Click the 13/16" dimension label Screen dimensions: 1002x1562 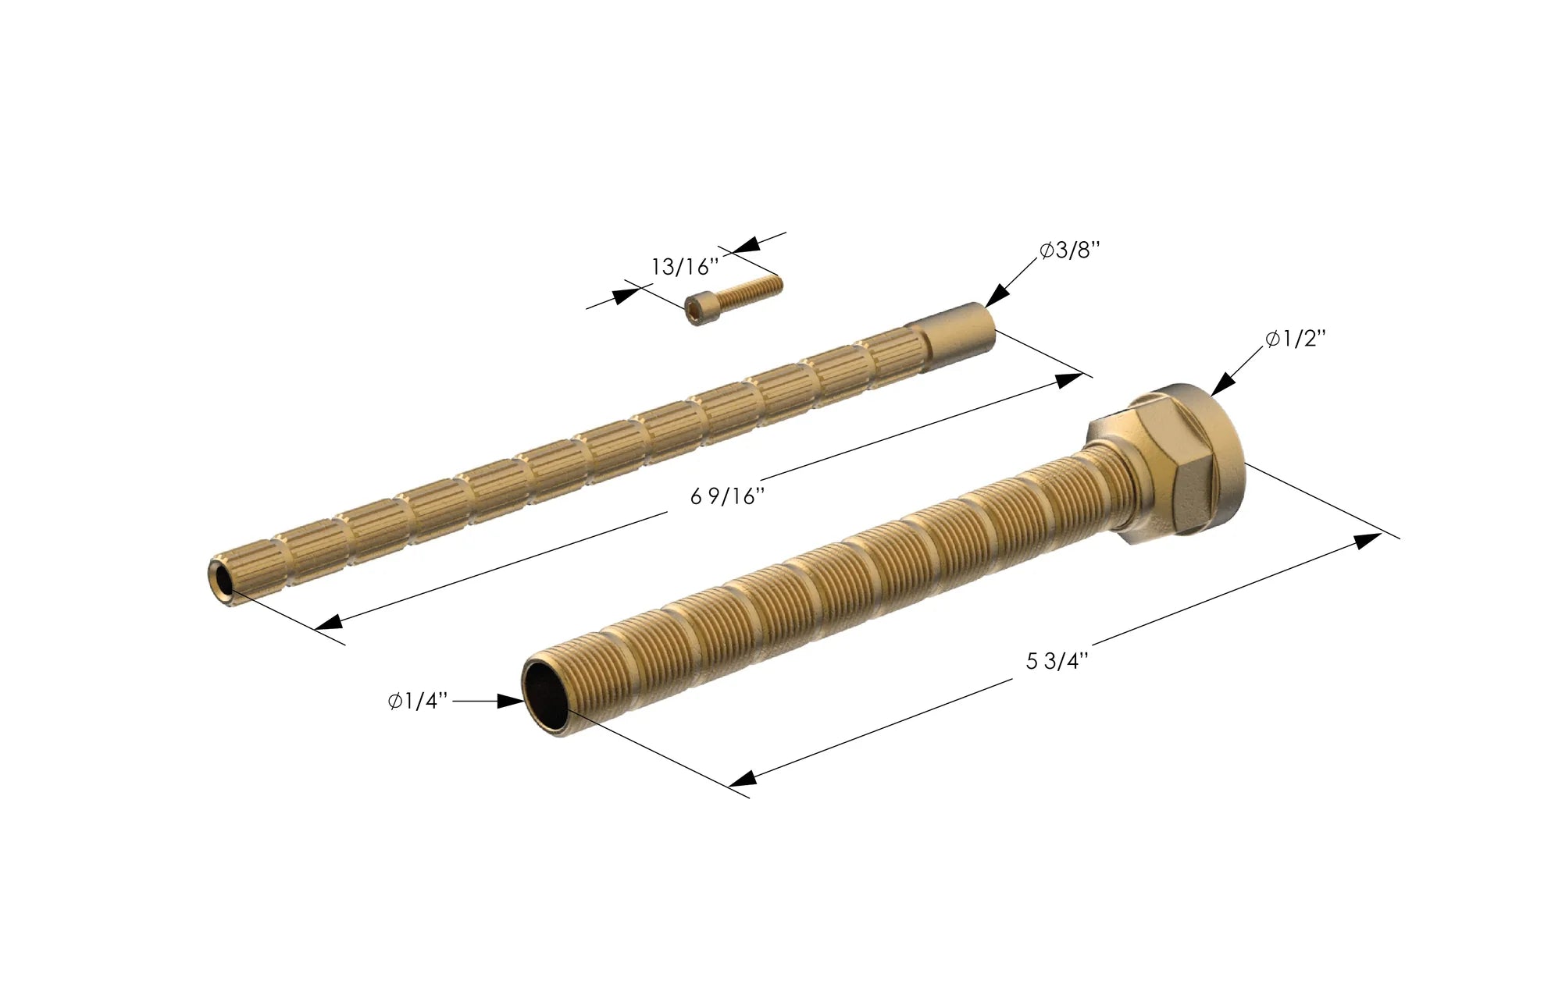click(684, 267)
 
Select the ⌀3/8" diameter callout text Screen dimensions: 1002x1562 click(1069, 251)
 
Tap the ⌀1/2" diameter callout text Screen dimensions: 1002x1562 click(1296, 339)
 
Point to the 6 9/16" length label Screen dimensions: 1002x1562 click(726, 496)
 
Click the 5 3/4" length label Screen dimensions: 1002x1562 click(1057, 661)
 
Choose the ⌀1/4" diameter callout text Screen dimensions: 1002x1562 click(418, 702)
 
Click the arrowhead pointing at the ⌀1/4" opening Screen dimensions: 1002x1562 click(512, 702)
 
